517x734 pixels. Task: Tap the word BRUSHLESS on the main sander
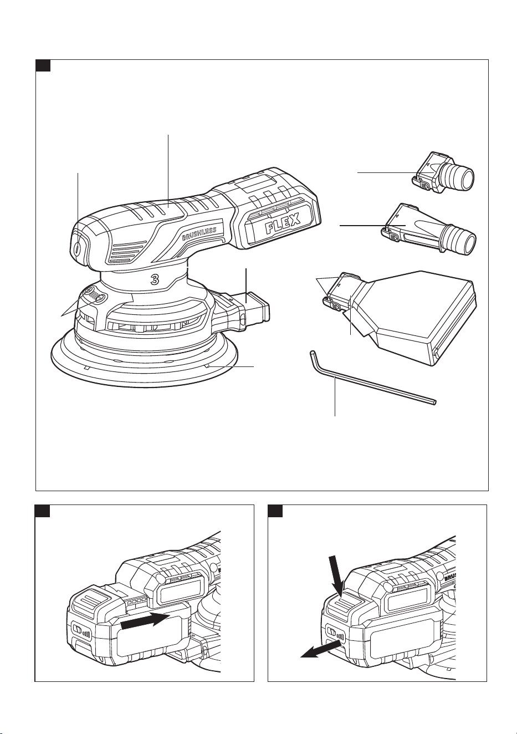coord(199,233)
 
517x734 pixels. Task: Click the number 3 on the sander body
coord(155,279)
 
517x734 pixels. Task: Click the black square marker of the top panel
coord(43,65)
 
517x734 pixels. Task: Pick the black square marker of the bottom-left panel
coord(43,511)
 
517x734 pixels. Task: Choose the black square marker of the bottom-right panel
coord(275,511)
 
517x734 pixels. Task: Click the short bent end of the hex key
coord(313,357)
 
